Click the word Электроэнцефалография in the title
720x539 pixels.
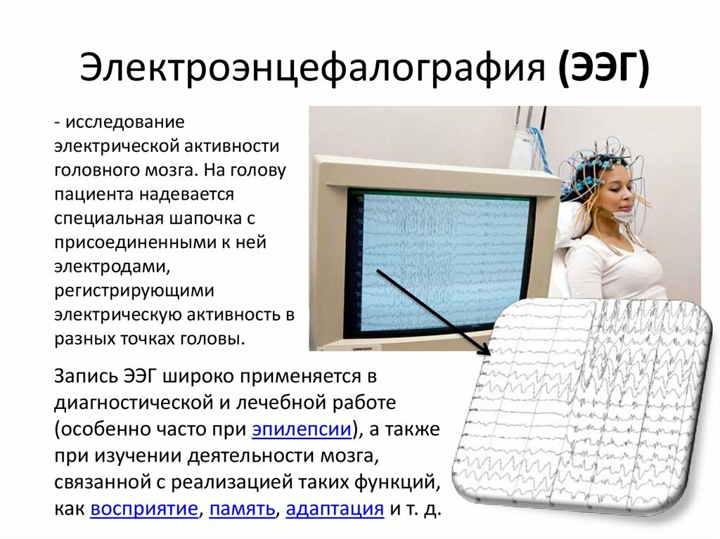point(313,67)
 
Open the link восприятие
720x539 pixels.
point(144,509)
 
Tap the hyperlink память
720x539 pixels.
point(242,509)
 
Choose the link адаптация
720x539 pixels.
point(335,509)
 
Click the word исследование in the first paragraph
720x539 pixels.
point(125,122)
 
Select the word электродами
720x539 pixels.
point(112,267)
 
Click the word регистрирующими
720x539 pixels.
point(134,291)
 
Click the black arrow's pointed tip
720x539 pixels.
point(490,355)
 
